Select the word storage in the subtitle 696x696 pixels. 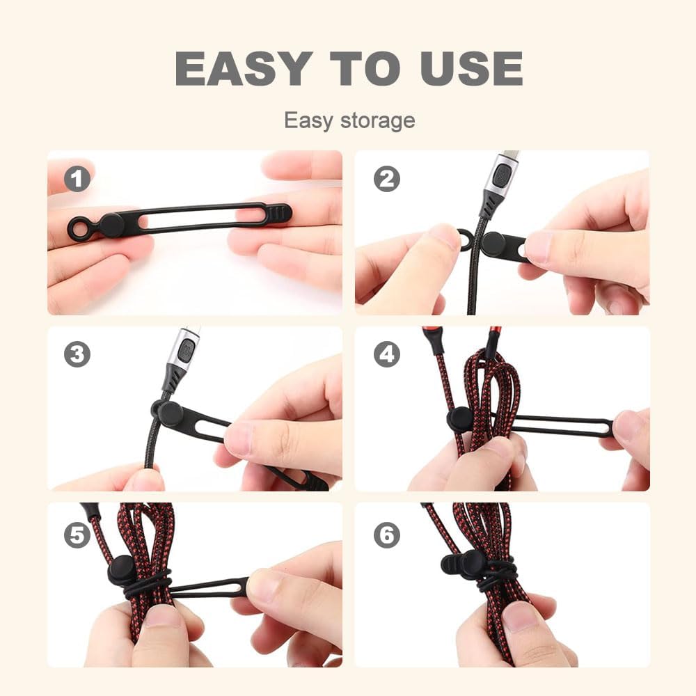(x=377, y=120)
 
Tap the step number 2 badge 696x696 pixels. (x=386, y=180)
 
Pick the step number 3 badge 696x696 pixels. (x=77, y=355)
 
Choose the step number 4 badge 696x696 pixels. (x=386, y=355)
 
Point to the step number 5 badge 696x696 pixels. (x=77, y=535)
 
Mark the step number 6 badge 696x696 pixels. (x=386, y=535)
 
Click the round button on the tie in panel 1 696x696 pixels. (x=112, y=225)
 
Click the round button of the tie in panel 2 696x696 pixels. (x=493, y=244)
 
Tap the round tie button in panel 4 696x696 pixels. (x=460, y=419)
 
